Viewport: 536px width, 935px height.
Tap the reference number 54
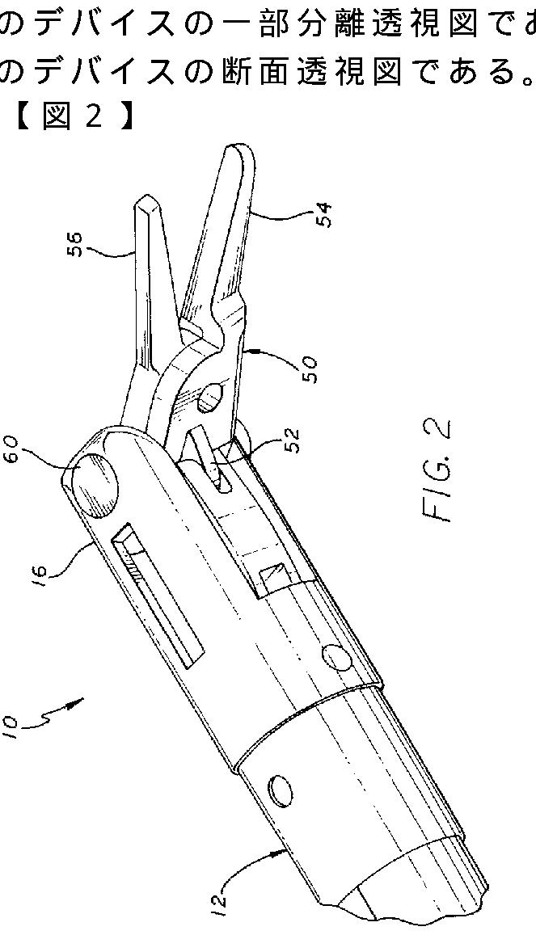pyautogui.click(x=325, y=215)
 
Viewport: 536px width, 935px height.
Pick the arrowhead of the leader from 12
pyautogui.click(x=288, y=850)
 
